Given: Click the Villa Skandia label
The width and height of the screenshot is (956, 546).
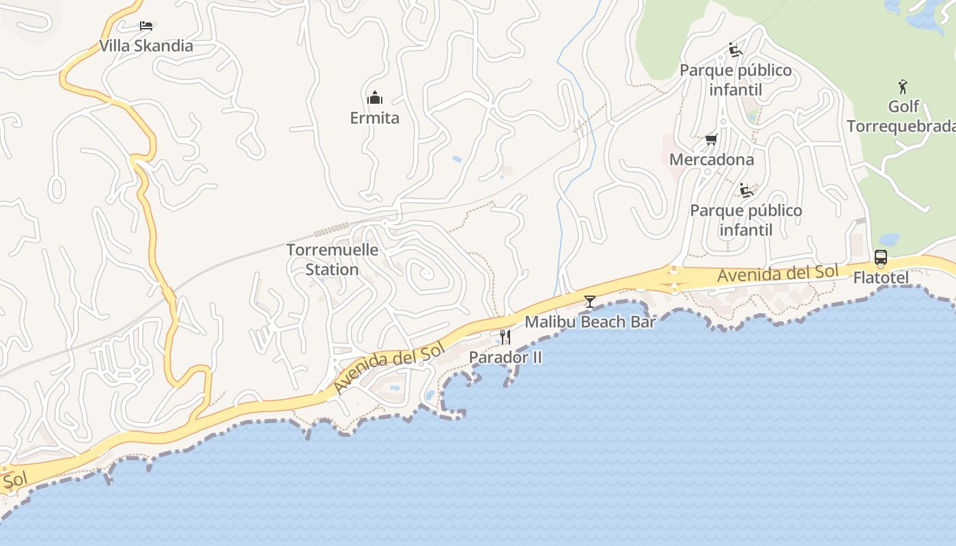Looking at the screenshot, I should click(x=146, y=46).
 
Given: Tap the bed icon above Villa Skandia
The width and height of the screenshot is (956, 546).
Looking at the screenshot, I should click(x=145, y=26).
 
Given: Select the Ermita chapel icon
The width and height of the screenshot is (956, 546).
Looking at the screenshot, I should click(x=374, y=98).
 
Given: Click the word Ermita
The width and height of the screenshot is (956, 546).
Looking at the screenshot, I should click(x=374, y=118).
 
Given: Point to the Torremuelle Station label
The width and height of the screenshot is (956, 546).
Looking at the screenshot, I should click(x=332, y=259).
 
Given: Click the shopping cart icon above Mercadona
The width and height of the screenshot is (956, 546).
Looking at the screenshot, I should click(x=711, y=140).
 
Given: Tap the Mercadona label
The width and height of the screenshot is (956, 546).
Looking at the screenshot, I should click(x=712, y=160).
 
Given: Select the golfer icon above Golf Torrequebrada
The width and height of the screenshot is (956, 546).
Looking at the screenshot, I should click(x=903, y=87).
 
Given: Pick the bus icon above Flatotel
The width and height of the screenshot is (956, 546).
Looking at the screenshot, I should click(x=881, y=257).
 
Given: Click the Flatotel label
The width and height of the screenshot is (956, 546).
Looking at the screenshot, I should click(x=881, y=278).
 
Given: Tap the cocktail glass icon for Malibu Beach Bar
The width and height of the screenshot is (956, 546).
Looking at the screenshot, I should click(x=590, y=301).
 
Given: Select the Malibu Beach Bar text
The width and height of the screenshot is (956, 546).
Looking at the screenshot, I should click(x=590, y=321).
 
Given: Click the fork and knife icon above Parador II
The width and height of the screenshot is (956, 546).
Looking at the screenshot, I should click(x=505, y=336).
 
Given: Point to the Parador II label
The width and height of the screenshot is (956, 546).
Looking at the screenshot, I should click(x=505, y=357).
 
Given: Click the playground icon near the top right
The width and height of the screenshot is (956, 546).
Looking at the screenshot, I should click(x=735, y=50).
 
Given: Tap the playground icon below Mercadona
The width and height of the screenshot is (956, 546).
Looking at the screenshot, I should click(x=746, y=190).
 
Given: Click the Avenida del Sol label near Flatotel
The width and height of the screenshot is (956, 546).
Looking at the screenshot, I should click(x=777, y=274).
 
